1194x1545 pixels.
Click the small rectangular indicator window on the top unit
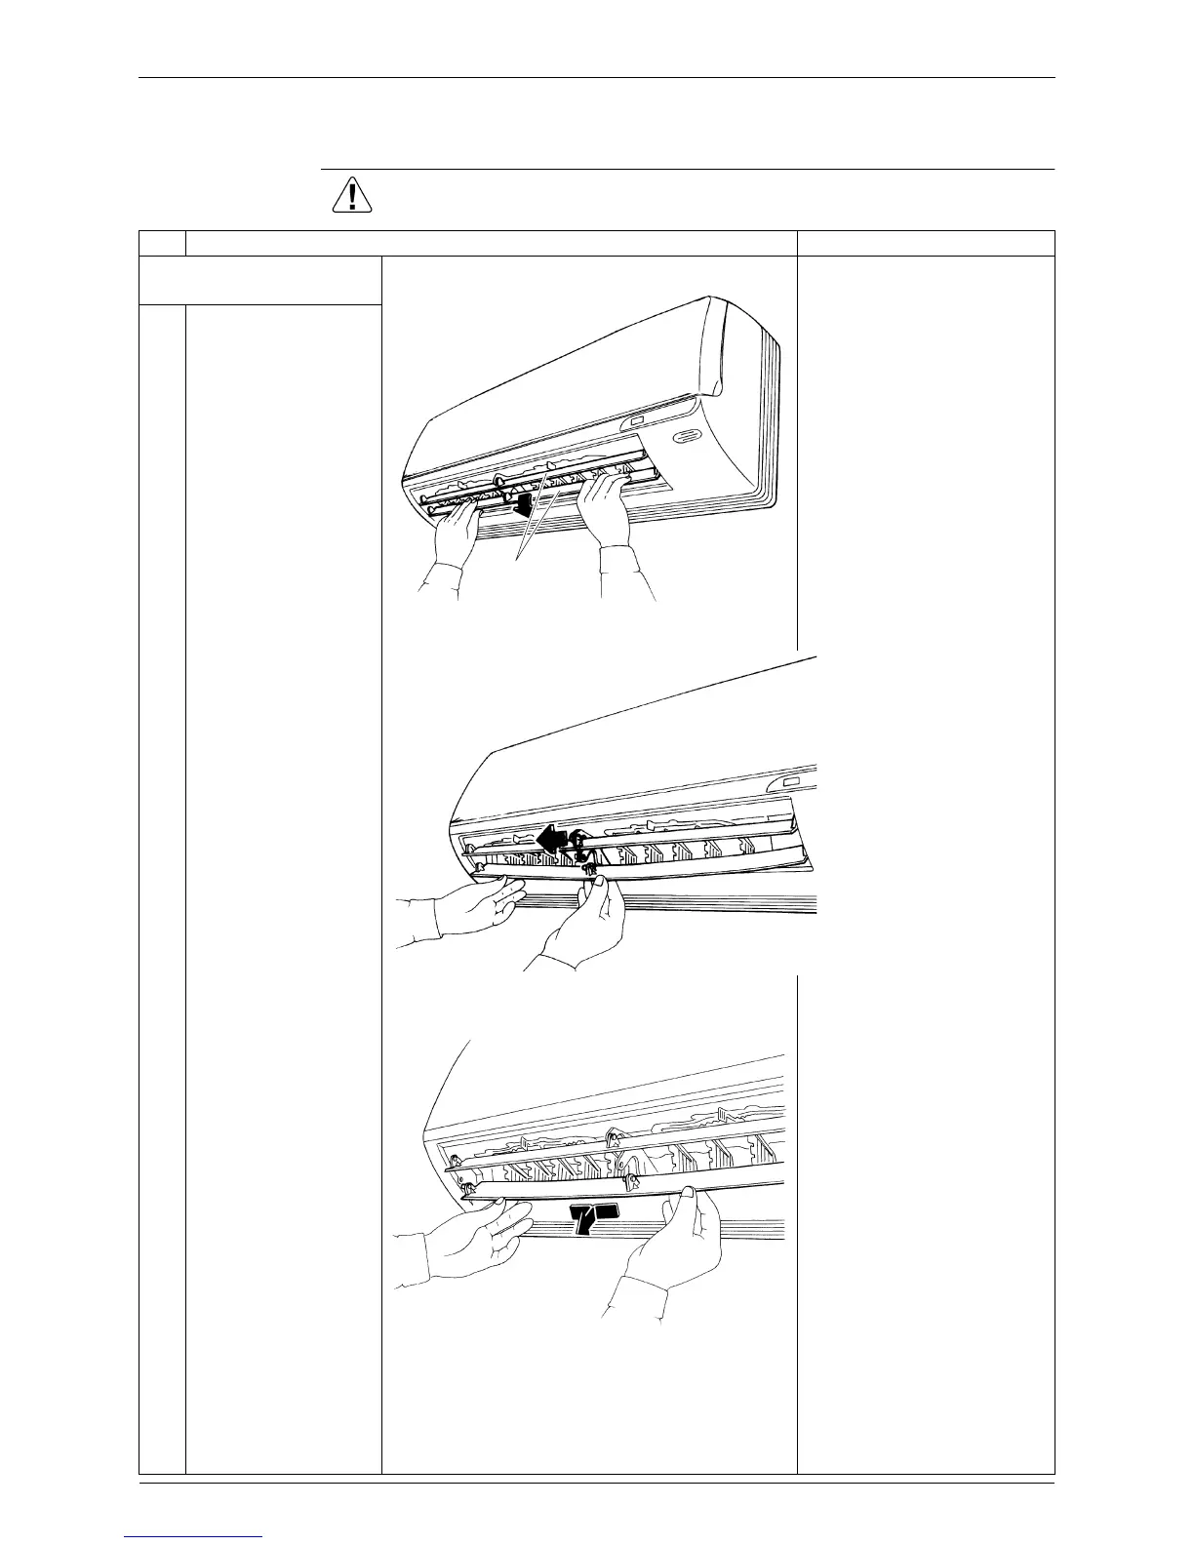636,421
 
